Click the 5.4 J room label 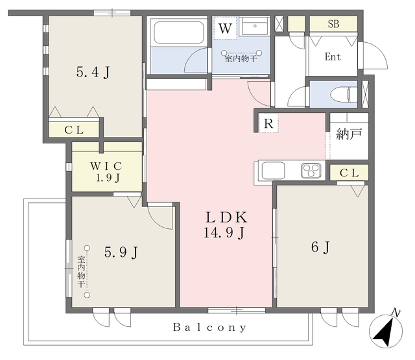click(x=93, y=72)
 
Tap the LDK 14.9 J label click(x=226, y=225)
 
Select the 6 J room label click(x=320, y=247)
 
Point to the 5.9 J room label click(x=121, y=252)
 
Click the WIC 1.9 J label click(x=106, y=171)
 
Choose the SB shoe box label click(x=333, y=24)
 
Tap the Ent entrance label click(x=333, y=56)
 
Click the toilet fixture click(x=344, y=94)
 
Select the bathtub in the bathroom click(x=179, y=32)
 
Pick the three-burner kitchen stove click(x=311, y=170)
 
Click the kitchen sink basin click(x=273, y=171)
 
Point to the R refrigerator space click(x=268, y=123)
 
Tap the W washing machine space click(x=225, y=28)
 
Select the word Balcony click(x=209, y=328)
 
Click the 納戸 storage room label click(x=349, y=134)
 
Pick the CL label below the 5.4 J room click(x=74, y=130)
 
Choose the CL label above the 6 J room click(x=349, y=173)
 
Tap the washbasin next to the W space click(x=255, y=26)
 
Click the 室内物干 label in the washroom click(x=241, y=58)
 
